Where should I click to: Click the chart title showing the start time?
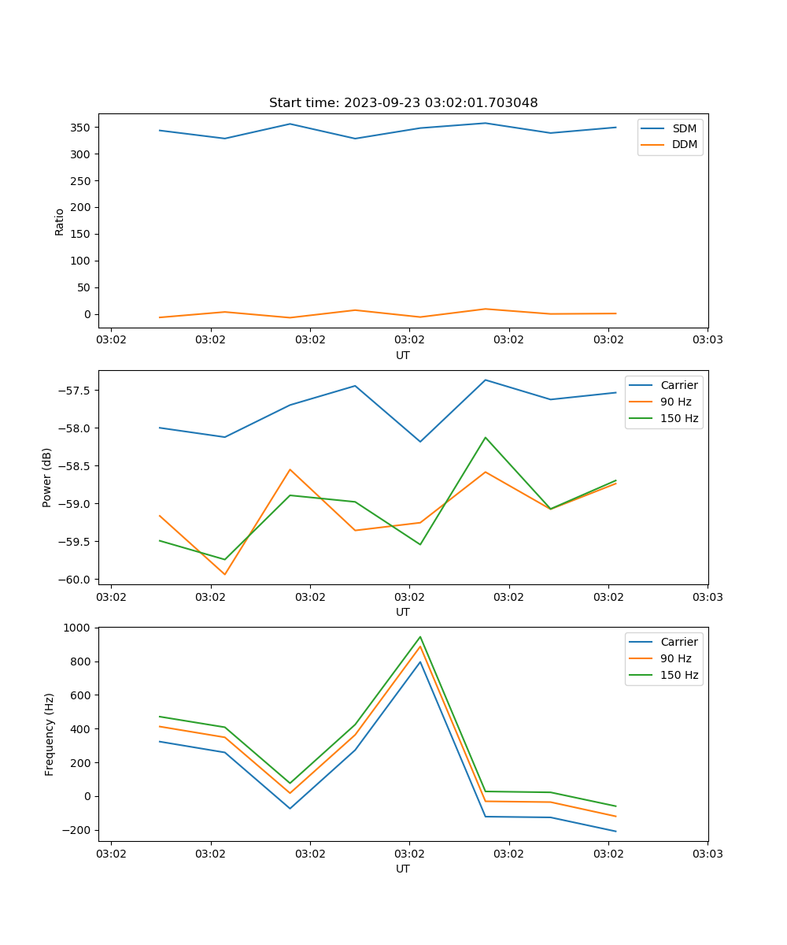click(x=403, y=103)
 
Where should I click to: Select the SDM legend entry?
click(x=684, y=128)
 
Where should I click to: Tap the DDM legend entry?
click(x=684, y=144)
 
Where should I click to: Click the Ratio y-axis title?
click(x=59, y=221)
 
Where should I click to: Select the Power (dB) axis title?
click(x=47, y=477)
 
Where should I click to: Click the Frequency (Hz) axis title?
click(x=49, y=734)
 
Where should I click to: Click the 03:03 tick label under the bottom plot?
click(x=707, y=854)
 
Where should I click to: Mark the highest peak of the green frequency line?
click(x=420, y=637)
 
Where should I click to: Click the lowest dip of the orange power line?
click(x=225, y=574)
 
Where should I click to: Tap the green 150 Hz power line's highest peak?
click(x=486, y=437)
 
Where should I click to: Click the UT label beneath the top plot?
click(x=403, y=355)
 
